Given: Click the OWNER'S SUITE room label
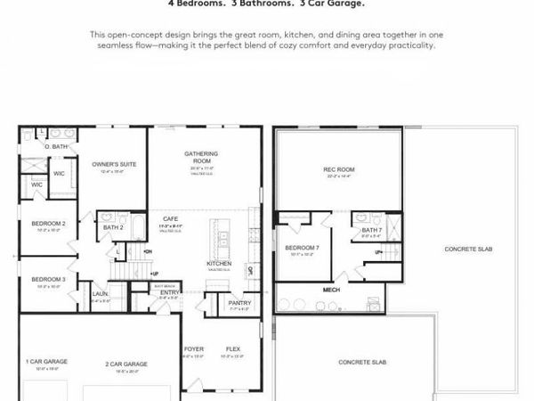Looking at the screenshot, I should click(x=113, y=164).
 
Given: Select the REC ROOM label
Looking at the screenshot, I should click(x=339, y=169).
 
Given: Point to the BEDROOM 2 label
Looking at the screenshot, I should click(x=48, y=223).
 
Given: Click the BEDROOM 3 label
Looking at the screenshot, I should click(x=48, y=280).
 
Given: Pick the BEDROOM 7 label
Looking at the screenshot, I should click(x=303, y=248).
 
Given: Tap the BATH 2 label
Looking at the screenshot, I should click(x=112, y=227).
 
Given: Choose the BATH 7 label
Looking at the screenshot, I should click(x=372, y=230).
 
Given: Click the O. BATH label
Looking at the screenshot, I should click(x=57, y=146).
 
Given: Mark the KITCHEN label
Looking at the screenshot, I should click(x=219, y=264).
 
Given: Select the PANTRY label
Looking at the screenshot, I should click(x=239, y=303).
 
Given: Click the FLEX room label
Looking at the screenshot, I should click(x=233, y=348).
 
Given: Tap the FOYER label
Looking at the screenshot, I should click(x=194, y=348).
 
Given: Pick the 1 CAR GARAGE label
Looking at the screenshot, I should click(x=46, y=361).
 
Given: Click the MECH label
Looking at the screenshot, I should click(x=330, y=290).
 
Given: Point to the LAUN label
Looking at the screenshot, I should click(x=100, y=293).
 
